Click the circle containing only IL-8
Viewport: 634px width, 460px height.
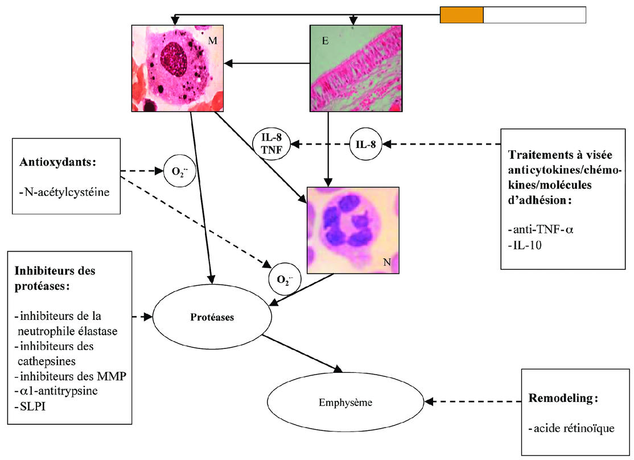365,145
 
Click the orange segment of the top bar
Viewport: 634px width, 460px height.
462,15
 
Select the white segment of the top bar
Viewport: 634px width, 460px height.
534,15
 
